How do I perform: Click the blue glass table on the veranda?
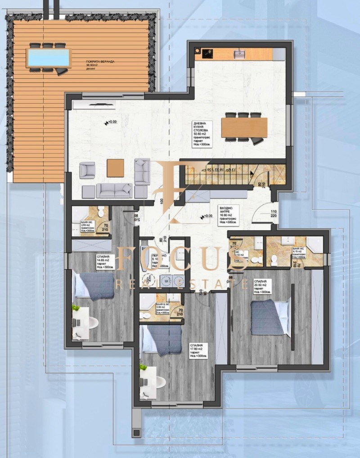49,57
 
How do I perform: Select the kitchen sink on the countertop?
238,54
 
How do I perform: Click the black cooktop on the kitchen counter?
207,54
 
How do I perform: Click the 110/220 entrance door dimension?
273,213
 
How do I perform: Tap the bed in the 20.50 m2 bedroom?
269,317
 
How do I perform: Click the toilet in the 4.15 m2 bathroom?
274,259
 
